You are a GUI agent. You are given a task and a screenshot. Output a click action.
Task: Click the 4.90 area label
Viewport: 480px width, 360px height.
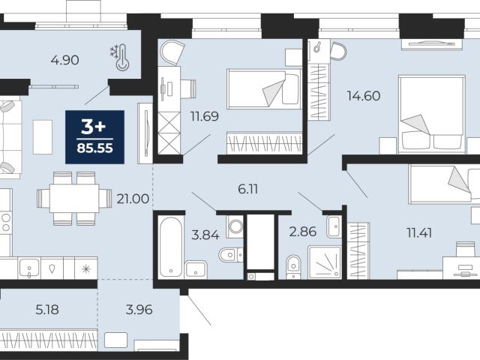(x=65, y=60)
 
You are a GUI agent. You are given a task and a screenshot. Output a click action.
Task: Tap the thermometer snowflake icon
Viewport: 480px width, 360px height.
(x=120, y=57)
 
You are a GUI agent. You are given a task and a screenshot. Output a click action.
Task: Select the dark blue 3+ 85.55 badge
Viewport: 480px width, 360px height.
(x=95, y=137)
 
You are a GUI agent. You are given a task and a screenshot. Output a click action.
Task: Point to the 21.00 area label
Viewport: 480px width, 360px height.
(x=133, y=199)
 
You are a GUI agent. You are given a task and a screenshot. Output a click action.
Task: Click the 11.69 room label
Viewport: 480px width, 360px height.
(x=205, y=116)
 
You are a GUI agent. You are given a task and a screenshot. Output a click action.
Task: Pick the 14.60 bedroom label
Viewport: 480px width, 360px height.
(x=364, y=96)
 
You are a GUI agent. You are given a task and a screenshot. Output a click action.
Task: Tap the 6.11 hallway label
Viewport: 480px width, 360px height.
(x=248, y=189)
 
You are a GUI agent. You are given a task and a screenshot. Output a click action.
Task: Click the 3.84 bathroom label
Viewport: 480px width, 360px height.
(x=205, y=235)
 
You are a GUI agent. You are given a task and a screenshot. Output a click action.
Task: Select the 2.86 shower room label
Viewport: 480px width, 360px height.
(x=303, y=232)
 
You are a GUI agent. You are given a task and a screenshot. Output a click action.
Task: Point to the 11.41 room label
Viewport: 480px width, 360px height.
(x=419, y=233)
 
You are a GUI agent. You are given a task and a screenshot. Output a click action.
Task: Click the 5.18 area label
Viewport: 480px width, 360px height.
(x=47, y=310)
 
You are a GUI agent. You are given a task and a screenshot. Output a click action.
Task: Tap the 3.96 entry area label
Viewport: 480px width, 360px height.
(x=139, y=310)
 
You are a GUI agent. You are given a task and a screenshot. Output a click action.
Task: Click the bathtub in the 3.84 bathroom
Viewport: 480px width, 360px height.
(x=171, y=247)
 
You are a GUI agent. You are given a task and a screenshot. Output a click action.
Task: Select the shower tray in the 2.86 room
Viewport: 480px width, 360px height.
(x=325, y=262)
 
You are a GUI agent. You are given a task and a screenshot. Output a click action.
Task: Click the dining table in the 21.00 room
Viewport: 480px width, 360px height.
(x=74, y=198)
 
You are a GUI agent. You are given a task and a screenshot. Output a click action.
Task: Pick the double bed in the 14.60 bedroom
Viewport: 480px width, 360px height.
(x=432, y=115)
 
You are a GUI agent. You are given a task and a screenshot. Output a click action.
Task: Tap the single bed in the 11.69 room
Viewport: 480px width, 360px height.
(x=264, y=88)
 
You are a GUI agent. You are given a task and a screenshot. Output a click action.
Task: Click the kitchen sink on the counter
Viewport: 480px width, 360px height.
(x=29, y=268)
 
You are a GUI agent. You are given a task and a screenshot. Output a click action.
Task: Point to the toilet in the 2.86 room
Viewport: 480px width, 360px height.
(x=293, y=267)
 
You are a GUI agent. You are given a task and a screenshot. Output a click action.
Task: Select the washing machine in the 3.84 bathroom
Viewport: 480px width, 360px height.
(x=235, y=226)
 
